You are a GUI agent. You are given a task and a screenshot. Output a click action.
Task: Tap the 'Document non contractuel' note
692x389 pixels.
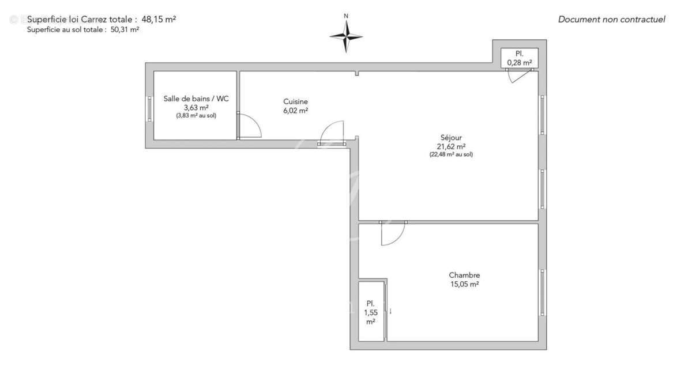pyautogui.click(x=611, y=20)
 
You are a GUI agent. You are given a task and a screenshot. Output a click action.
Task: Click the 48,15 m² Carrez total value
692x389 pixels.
pyautogui.click(x=159, y=19)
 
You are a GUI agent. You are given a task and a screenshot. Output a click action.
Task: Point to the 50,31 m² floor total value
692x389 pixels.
pyautogui.click(x=124, y=30)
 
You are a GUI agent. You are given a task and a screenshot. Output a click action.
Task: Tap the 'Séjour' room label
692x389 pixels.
pyautogui.click(x=451, y=138)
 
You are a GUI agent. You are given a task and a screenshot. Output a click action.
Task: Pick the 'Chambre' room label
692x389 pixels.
pyautogui.click(x=464, y=275)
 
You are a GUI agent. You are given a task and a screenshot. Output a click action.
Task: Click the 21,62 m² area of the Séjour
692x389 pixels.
pyautogui.click(x=452, y=146)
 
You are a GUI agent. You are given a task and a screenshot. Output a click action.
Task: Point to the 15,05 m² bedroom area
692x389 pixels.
pyautogui.click(x=464, y=284)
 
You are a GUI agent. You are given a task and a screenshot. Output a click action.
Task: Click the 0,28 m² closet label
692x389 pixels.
pyautogui.click(x=519, y=62)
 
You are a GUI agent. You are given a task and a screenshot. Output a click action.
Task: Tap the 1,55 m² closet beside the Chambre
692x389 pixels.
pyautogui.click(x=371, y=312)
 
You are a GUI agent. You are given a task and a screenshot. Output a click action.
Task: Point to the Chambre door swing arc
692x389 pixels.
pyautogui.click(x=393, y=235)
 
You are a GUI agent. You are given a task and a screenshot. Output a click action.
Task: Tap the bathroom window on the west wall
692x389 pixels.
pyautogui.click(x=149, y=108)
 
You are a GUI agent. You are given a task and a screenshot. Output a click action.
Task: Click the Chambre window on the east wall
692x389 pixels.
pyautogui.click(x=542, y=292)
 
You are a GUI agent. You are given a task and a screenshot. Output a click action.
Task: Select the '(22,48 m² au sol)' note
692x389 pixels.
pyautogui.click(x=451, y=154)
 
